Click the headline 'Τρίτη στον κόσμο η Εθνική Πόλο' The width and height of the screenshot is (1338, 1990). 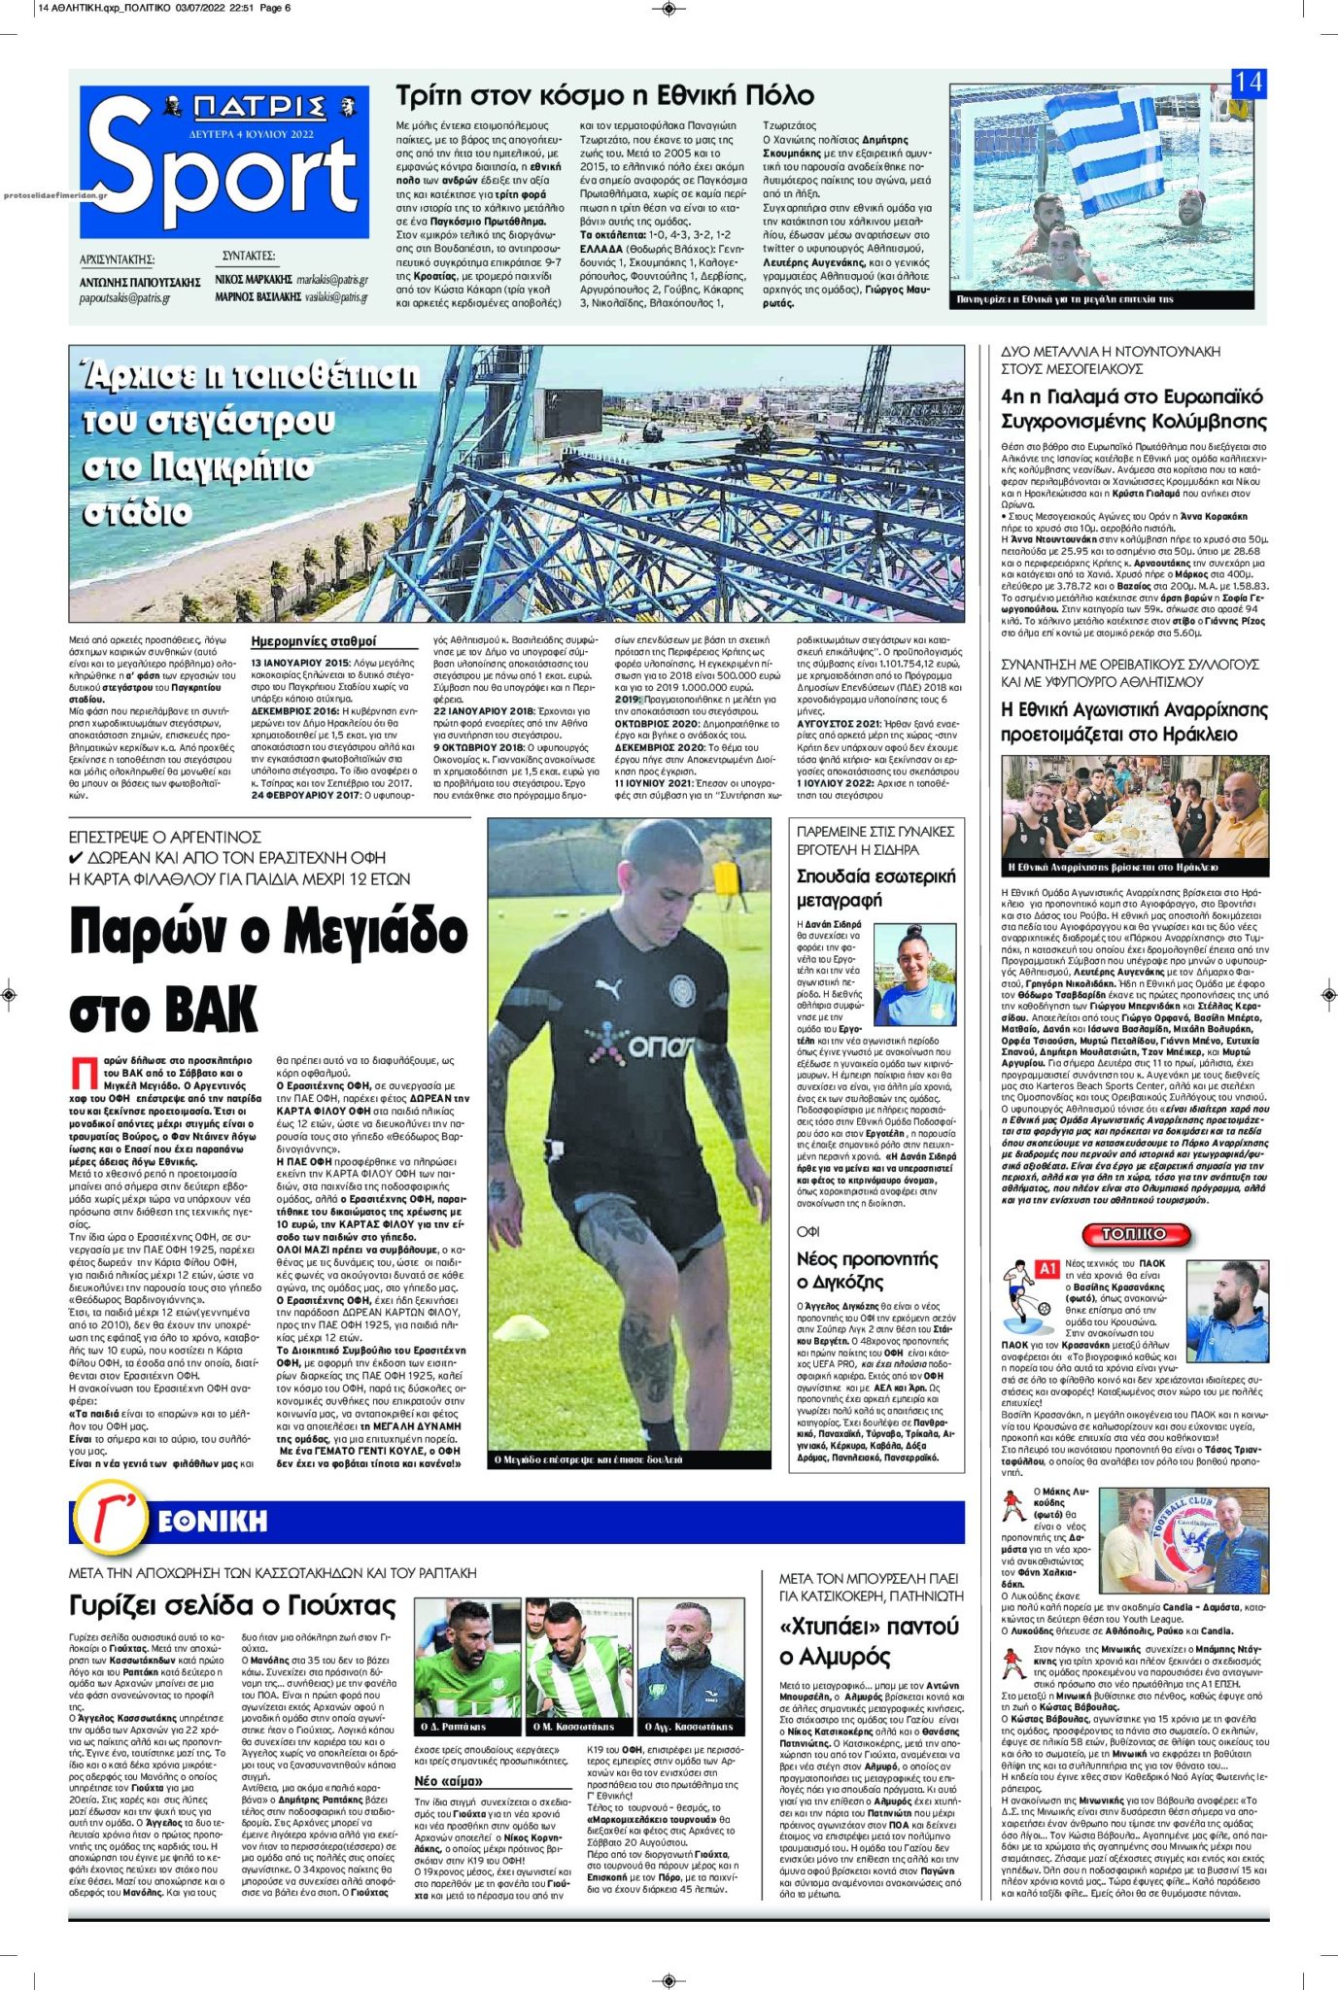click(x=604, y=95)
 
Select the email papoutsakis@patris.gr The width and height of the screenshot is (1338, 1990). click(x=124, y=298)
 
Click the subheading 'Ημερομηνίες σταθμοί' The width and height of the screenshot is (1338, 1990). click(x=313, y=641)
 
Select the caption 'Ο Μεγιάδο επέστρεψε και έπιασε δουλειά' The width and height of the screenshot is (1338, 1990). click(x=589, y=1459)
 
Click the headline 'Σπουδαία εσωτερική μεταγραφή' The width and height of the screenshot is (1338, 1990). click(x=875, y=887)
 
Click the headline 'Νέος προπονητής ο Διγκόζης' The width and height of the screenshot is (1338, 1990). click(x=867, y=1270)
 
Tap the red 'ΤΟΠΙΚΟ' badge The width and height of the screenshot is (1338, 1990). click(x=1134, y=1233)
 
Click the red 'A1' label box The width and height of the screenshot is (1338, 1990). click(x=1047, y=1269)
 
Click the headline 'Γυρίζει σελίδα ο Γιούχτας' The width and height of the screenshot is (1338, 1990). click(x=232, y=1604)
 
